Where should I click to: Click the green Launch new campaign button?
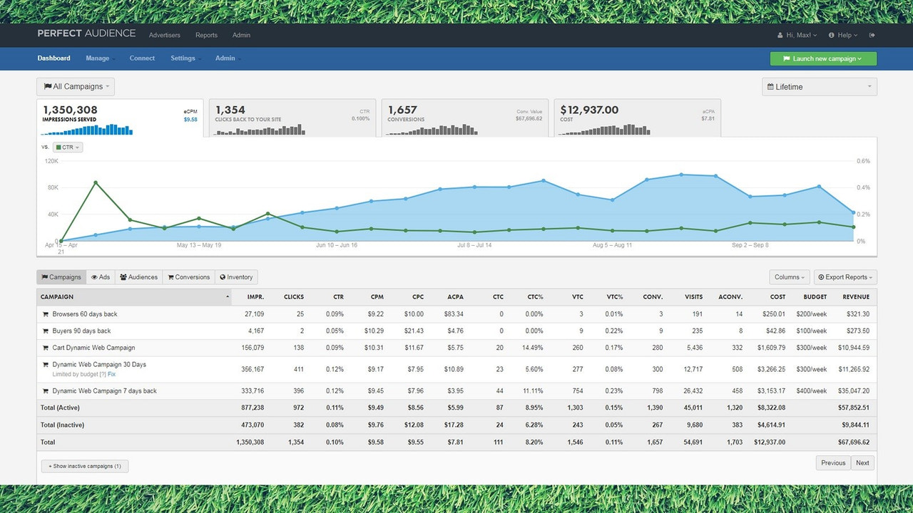pyautogui.click(x=823, y=59)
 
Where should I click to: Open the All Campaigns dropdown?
pyautogui.click(x=76, y=87)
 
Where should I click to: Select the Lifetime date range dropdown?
pyautogui.click(x=819, y=87)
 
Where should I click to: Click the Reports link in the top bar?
pyautogui.click(x=206, y=35)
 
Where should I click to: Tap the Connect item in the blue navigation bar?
pyautogui.click(x=142, y=58)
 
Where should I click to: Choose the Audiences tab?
pyautogui.click(x=138, y=277)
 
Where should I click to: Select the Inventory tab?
pyautogui.click(x=236, y=277)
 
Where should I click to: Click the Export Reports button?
pyautogui.click(x=845, y=277)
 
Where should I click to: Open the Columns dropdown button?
pyautogui.click(x=790, y=277)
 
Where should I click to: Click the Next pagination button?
pyautogui.click(x=862, y=463)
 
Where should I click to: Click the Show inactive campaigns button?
pyautogui.click(x=85, y=466)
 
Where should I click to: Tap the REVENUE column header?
pyautogui.click(x=855, y=296)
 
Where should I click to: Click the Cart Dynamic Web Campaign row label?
pyautogui.click(x=93, y=348)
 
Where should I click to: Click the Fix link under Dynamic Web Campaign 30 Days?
pyautogui.click(x=111, y=374)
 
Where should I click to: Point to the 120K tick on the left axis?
pyautogui.click(x=51, y=161)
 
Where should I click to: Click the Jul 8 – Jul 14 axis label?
pyautogui.click(x=474, y=245)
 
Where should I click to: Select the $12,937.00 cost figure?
pyautogui.click(x=589, y=110)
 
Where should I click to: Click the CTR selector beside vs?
pyautogui.click(x=68, y=147)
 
